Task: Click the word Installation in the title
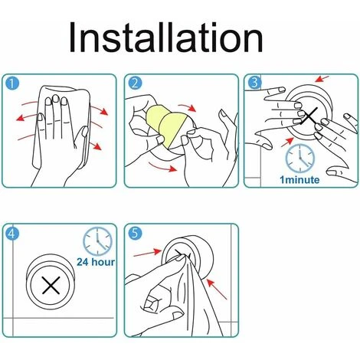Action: point(165,38)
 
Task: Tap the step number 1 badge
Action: point(11,83)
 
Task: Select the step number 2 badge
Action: point(135,83)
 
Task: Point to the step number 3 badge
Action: point(254,82)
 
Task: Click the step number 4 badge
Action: point(12,233)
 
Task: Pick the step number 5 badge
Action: point(135,233)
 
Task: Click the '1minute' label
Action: point(299,179)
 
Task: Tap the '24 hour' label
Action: point(96,262)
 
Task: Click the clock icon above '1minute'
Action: point(300,159)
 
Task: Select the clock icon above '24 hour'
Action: point(97,241)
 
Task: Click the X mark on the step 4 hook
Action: point(51,285)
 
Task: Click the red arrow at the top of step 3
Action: point(322,79)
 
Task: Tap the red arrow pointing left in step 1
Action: point(27,117)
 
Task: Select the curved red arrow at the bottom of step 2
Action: point(162,167)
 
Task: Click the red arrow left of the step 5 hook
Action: point(148,254)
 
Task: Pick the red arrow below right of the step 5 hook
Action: point(217,289)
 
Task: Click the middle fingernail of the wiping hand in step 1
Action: point(56,99)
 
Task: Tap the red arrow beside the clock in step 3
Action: point(287,142)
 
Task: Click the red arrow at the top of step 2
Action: point(187,107)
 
